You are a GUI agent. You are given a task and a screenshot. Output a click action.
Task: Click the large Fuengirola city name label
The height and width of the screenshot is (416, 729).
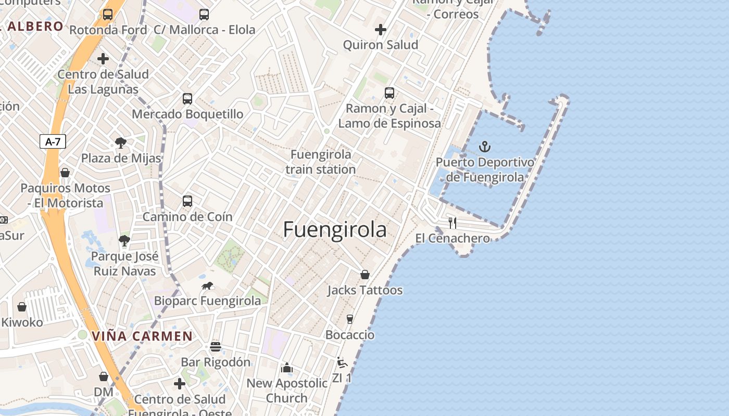[335, 230]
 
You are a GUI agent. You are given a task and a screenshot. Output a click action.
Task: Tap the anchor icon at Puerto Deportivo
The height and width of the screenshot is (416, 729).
[485, 147]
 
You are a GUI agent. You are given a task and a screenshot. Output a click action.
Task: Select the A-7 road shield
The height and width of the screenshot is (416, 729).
[53, 141]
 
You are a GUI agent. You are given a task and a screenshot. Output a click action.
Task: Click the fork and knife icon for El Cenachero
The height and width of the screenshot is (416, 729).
[453, 223]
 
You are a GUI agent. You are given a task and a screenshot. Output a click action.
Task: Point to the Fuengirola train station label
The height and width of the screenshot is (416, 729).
[321, 162]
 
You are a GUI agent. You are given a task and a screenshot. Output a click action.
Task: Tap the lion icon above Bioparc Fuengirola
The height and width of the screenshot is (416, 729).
[207, 285]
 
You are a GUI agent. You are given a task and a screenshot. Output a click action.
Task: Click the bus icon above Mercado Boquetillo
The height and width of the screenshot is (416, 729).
[187, 98]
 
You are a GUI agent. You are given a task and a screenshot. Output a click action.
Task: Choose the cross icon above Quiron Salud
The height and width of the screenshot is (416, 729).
[381, 30]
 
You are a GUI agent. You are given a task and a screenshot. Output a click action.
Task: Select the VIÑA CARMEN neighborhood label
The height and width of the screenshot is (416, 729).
[142, 336]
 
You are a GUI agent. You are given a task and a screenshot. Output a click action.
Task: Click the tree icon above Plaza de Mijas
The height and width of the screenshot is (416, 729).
[121, 142]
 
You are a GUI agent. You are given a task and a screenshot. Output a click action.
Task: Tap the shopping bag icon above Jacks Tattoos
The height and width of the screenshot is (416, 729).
[365, 275]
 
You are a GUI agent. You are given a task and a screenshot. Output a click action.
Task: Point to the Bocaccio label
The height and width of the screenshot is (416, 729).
[350, 334]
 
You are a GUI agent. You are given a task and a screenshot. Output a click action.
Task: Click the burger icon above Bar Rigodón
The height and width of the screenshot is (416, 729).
[216, 346]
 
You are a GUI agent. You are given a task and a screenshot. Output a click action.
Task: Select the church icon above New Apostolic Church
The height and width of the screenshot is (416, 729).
[287, 368]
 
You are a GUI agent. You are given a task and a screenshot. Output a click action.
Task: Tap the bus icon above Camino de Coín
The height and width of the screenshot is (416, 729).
[187, 201]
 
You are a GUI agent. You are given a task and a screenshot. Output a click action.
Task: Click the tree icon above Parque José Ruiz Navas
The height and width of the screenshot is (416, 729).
[124, 240]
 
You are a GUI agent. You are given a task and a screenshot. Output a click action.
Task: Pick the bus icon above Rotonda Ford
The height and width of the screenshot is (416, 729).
[108, 15]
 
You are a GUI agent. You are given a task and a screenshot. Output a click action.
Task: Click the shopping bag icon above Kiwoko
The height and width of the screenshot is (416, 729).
[22, 307]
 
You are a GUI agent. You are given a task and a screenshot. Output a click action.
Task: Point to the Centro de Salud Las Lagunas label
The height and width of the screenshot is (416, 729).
[103, 82]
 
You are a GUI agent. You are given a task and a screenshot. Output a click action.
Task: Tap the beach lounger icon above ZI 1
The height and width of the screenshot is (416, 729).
[342, 362]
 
